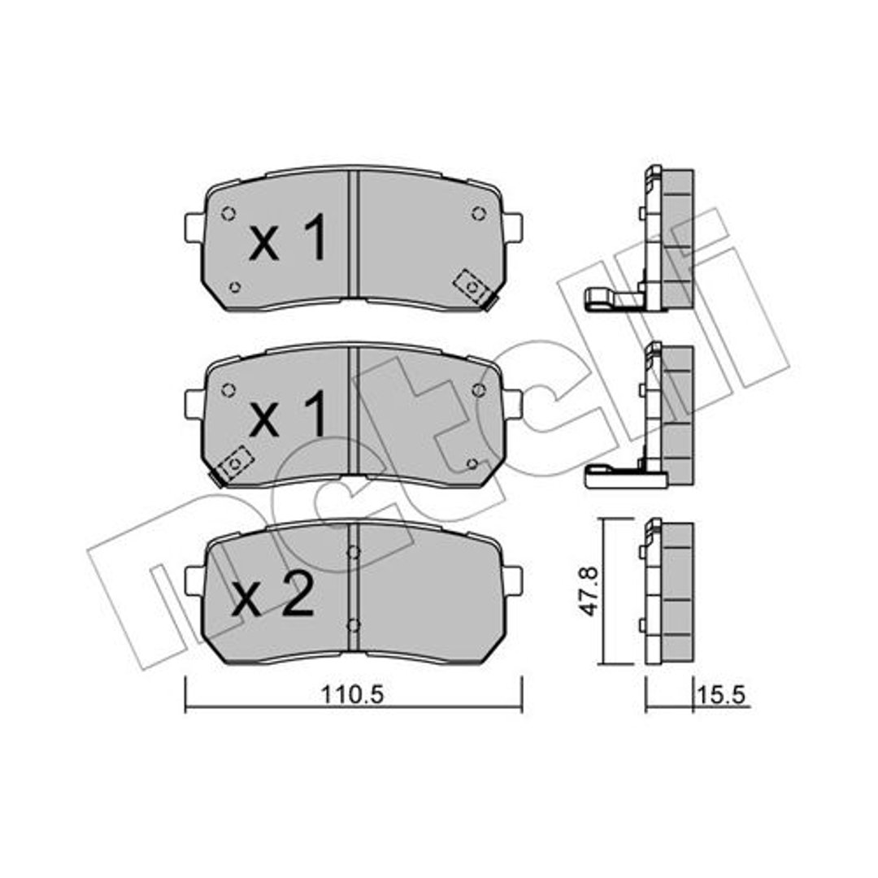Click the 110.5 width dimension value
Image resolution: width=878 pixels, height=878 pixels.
(352, 695)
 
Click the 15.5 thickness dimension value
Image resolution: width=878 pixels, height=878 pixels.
(720, 695)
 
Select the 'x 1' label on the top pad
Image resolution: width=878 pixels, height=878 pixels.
(288, 239)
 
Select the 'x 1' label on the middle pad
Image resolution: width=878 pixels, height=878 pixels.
(288, 415)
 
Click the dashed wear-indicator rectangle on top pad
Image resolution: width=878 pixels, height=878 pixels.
(472, 287)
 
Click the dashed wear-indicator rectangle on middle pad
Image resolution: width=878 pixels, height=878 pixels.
(235, 463)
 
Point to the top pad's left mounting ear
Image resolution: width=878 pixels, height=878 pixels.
(194, 228)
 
